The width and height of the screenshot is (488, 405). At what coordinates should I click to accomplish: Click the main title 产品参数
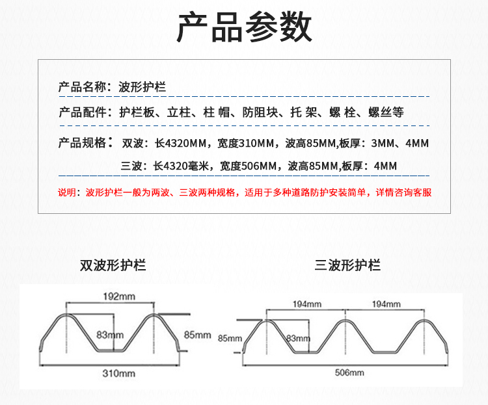tap(244, 27)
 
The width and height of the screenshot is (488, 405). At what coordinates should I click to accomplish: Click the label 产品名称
tap(82, 87)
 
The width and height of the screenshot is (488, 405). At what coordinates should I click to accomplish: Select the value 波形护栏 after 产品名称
tap(142, 87)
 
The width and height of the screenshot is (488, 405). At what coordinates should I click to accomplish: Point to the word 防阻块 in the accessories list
tap(260, 112)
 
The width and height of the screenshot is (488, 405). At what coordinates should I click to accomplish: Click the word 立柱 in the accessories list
tap(179, 112)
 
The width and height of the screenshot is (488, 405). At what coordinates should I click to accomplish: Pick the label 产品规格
tap(82, 143)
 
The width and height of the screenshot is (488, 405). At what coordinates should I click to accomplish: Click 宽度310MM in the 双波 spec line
tap(245, 144)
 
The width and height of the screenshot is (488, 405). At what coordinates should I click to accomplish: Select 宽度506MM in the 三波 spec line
tap(249, 166)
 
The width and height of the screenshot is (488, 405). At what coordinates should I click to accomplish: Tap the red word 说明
tap(67, 192)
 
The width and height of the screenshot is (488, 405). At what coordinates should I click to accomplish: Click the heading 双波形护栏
tap(113, 265)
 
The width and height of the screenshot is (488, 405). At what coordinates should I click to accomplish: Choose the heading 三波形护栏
tap(347, 265)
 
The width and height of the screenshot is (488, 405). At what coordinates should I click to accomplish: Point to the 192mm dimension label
tap(119, 296)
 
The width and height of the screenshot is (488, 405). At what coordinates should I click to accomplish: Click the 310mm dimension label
tap(119, 373)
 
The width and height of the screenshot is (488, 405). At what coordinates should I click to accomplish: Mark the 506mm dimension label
tap(349, 372)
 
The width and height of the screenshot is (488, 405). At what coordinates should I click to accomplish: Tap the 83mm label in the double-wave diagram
tap(110, 335)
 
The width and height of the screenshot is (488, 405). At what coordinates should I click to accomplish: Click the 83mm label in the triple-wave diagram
tap(298, 338)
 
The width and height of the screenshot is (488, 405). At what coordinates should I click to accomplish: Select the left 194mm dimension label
tap(307, 304)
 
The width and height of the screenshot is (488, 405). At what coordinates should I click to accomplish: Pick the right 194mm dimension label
tap(386, 304)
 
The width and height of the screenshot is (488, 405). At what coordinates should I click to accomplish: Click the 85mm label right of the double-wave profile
tap(197, 335)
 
